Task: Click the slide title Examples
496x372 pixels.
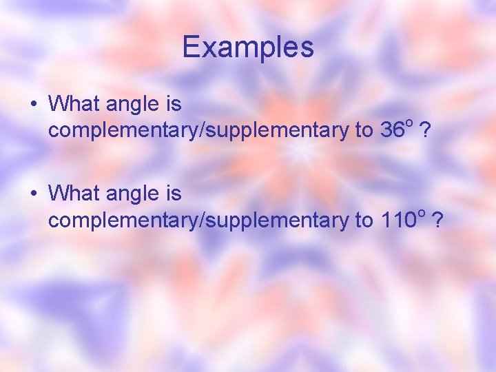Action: point(248,47)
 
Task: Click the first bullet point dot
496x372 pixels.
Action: point(33,105)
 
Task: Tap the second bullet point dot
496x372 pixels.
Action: point(33,194)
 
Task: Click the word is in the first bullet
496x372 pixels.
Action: point(173,104)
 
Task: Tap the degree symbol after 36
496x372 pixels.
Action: point(409,123)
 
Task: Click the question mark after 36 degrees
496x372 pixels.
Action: point(427,130)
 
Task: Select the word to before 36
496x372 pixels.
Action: point(364,130)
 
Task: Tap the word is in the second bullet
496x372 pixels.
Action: point(173,194)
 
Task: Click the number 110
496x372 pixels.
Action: point(397,220)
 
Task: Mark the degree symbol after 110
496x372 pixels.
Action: point(420,212)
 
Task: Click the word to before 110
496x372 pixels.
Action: point(364,220)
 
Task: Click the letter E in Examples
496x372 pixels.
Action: point(191,47)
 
